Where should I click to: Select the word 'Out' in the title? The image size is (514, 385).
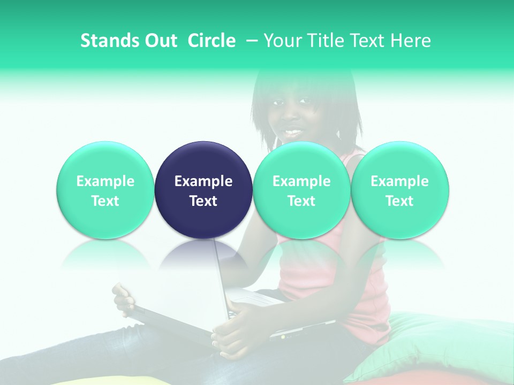pos(159,41)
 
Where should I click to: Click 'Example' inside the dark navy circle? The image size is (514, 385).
pos(203,181)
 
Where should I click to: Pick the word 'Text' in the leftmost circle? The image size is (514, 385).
pos(105,201)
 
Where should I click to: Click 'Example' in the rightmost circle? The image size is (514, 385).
pos(400,181)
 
